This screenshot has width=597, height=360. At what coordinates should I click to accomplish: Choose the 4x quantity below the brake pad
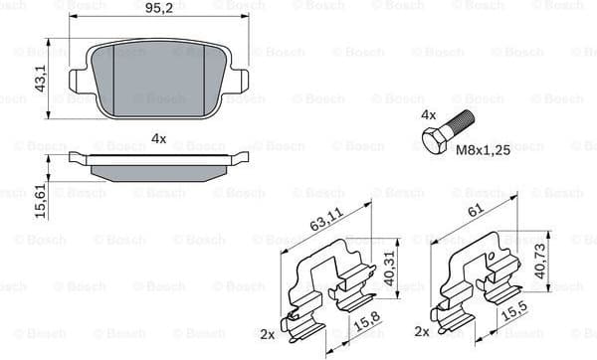(158, 138)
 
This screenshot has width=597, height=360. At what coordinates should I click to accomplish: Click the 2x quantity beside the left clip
(268, 333)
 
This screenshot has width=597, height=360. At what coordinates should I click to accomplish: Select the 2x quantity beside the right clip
(422, 331)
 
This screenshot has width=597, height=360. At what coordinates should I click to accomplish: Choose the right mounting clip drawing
(478, 288)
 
